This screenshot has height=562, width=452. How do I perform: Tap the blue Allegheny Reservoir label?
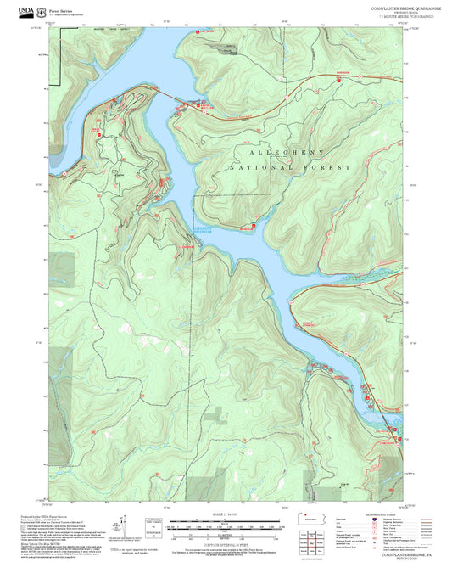click(199, 229)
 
